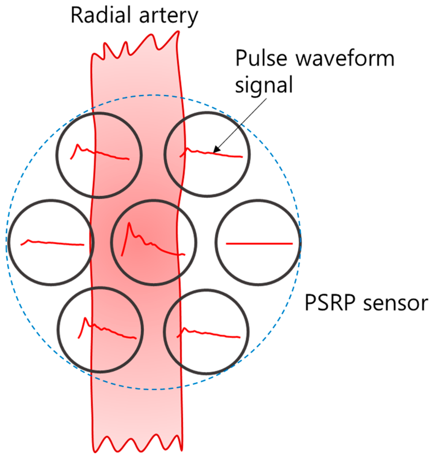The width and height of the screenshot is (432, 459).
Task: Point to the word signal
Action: click(263, 85)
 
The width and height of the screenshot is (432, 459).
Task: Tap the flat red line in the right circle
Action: click(259, 243)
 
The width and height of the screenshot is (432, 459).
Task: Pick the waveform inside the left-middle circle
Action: click(51, 242)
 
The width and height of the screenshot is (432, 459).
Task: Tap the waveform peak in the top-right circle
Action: click(188, 148)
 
